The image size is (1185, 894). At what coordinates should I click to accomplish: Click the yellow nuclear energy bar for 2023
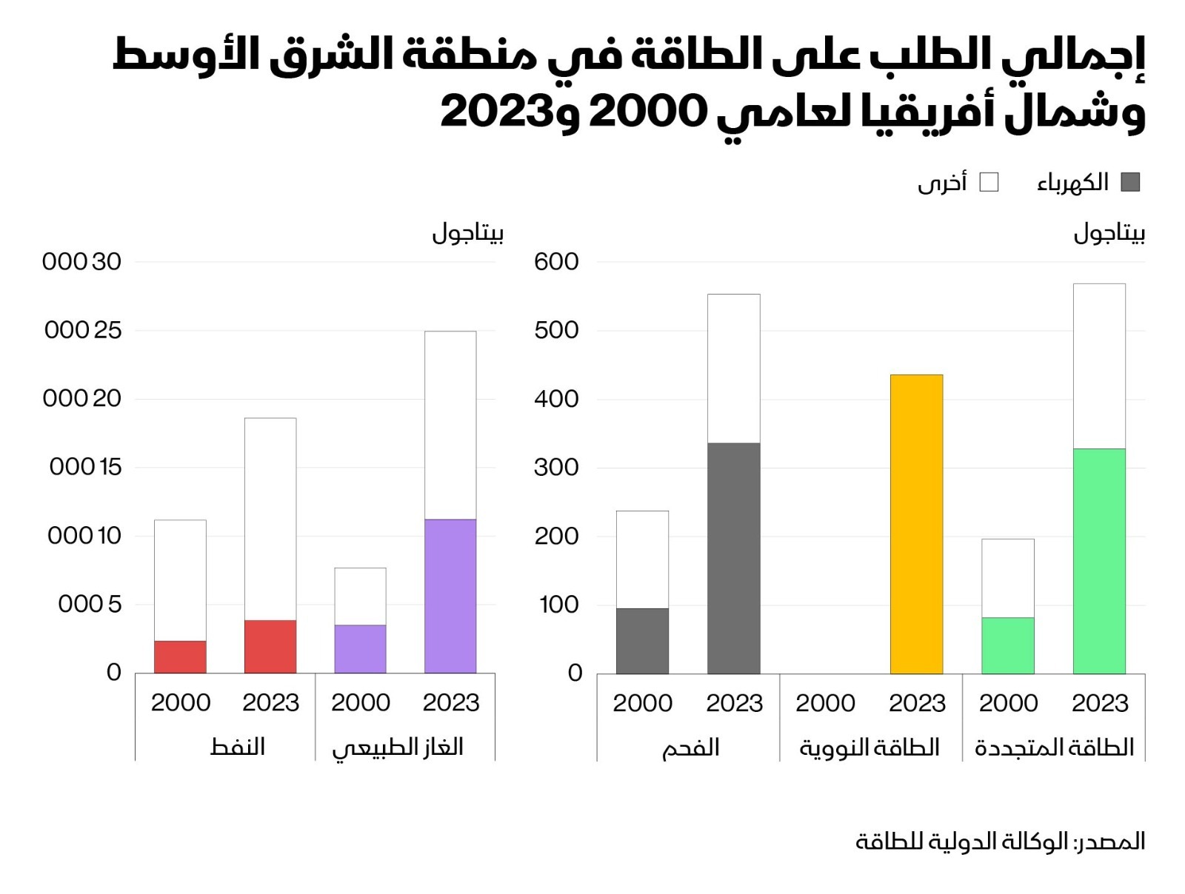click(x=916, y=524)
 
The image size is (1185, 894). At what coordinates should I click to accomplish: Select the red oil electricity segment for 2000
click(x=180, y=656)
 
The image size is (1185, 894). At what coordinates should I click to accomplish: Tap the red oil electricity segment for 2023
click(x=270, y=646)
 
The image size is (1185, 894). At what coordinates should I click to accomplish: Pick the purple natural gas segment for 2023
click(x=450, y=596)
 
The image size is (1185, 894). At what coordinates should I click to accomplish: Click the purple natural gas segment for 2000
click(x=360, y=649)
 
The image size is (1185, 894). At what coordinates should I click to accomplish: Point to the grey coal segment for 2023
click(x=733, y=558)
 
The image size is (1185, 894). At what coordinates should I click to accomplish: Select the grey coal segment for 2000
click(x=642, y=641)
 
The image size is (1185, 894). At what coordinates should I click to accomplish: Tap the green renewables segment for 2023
click(x=1099, y=561)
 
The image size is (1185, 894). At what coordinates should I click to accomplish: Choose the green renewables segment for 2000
click(x=1007, y=645)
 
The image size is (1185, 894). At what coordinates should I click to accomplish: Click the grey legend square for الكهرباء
click(x=1130, y=182)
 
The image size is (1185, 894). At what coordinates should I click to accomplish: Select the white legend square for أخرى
click(x=989, y=182)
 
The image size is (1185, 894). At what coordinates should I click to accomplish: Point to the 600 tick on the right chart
click(x=556, y=262)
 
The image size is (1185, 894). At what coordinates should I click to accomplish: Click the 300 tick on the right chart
click(x=556, y=468)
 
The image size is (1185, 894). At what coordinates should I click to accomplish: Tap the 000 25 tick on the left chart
click(x=83, y=330)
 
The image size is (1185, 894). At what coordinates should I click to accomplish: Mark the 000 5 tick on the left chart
click(x=90, y=605)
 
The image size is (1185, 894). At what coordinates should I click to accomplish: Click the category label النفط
click(x=238, y=747)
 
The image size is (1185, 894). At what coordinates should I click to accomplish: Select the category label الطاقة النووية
click(x=869, y=747)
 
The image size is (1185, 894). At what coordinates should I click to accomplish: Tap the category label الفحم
click(x=690, y=747)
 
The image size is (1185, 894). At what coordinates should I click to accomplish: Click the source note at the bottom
click(x=1000, y=841)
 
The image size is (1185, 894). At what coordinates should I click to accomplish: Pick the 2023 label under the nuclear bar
click(x=917, y=703)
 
